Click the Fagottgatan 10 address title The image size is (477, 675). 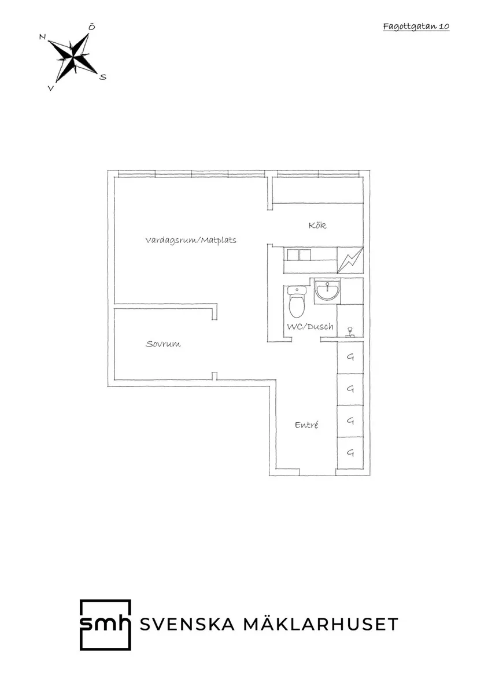416,27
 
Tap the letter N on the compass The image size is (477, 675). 42,37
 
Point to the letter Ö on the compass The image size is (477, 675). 91,27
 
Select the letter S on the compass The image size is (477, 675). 102,77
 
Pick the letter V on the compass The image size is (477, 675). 51,88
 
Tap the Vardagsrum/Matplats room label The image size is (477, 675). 191,240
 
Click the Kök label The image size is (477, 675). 317,225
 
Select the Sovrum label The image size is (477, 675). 163,344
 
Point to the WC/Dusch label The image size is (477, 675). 310,327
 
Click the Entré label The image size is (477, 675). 306,425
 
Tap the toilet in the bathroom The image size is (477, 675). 297,301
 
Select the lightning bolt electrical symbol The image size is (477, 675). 350,260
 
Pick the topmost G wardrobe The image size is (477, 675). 350,357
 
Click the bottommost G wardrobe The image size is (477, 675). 350,453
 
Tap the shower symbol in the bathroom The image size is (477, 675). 350,331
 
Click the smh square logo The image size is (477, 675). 105,625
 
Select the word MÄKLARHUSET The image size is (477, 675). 321,624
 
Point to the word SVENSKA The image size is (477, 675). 187,624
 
